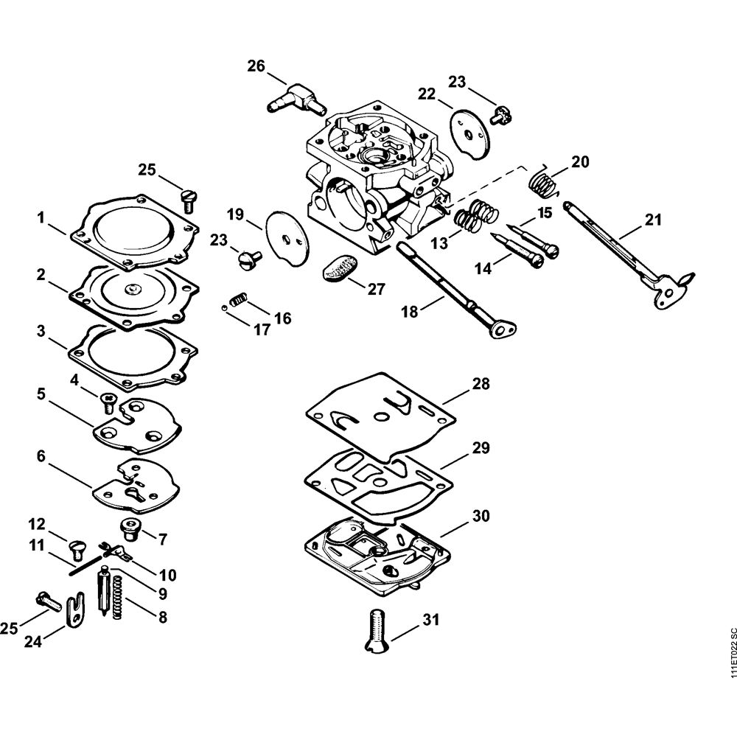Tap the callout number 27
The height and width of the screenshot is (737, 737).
click(x=376, y=289)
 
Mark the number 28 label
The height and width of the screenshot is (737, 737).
click(x=481, y=384)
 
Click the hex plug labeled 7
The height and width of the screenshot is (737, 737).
click(x=130, y=528)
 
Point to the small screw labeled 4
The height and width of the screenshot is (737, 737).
click(x=108, y=402)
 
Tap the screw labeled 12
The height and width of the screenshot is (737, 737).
click(x=76, y=548)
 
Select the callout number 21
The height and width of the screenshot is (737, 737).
click(x=652, y=219)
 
